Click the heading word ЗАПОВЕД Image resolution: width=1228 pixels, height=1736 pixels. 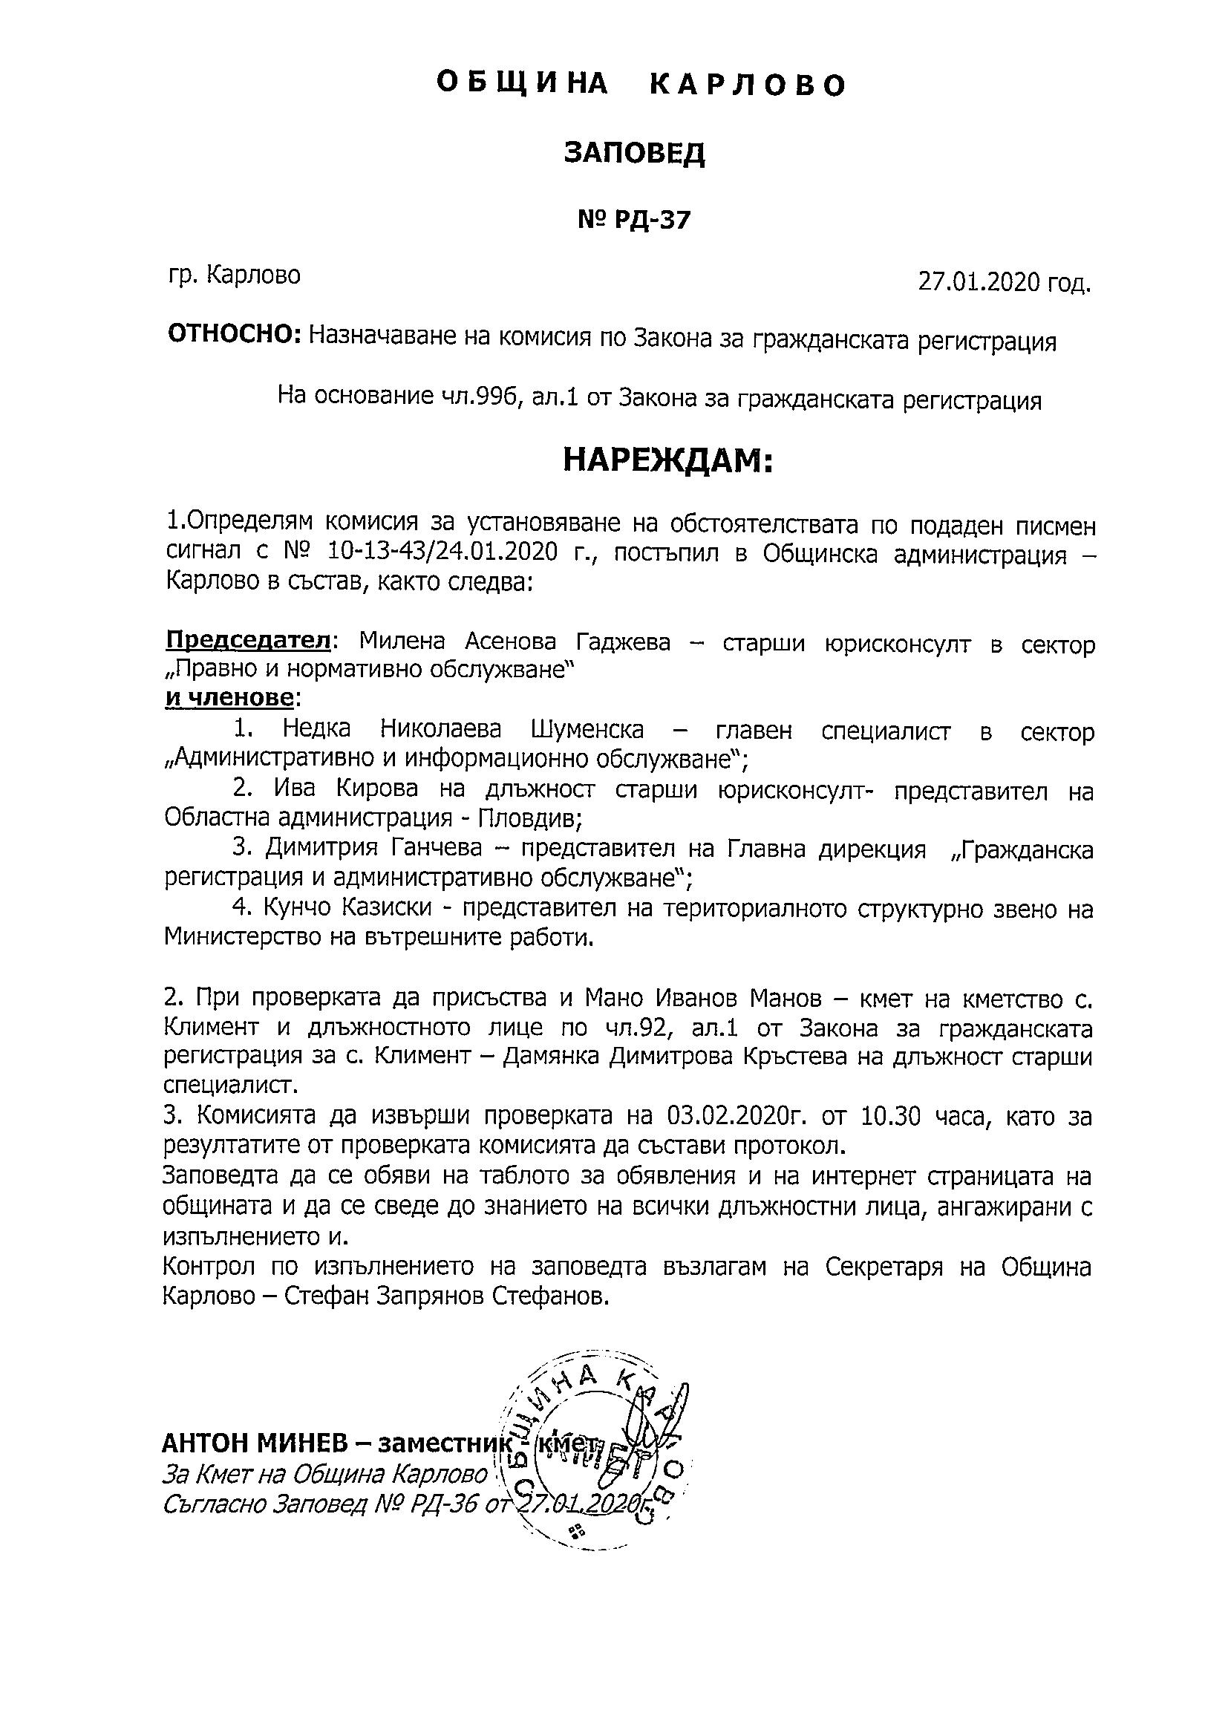(634, 154)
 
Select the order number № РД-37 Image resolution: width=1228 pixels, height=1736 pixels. (634, 220)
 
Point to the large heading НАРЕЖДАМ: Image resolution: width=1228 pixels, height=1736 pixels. (668, 460)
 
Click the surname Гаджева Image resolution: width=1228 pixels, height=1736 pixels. (623, 642)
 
